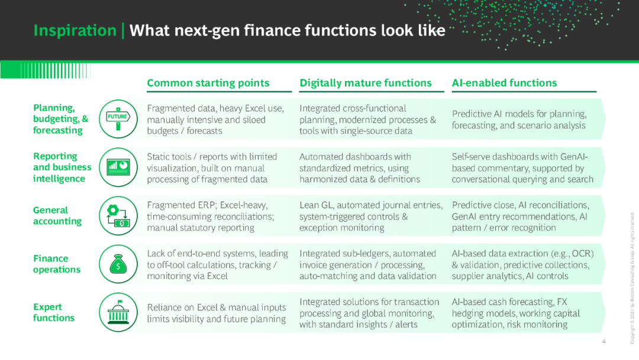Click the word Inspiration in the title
click(x=75, y=31)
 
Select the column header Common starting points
click(x=208, y=83)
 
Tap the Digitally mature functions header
click(x=366, y=83)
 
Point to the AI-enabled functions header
click(x=504, y=83)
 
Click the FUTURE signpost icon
click(x=118, y=119)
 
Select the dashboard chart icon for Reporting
click(x=118, y=167)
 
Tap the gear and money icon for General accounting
click(x=118, y=216)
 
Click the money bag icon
click(x=118, y=264)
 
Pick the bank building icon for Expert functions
click(x=118, y=312)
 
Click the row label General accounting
click(x=57, y=216)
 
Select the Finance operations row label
click(x=57, y=263)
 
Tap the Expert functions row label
click(x=54, y=312)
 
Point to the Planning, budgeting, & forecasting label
click(x=61, y=119)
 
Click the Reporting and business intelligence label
click(x=62, y=167)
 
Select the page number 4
click(x=603, y=341)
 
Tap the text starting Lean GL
click(x=371, y=216)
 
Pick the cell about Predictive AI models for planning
click(x=519, y=120)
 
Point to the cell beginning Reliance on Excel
click(x=217, y=313)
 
